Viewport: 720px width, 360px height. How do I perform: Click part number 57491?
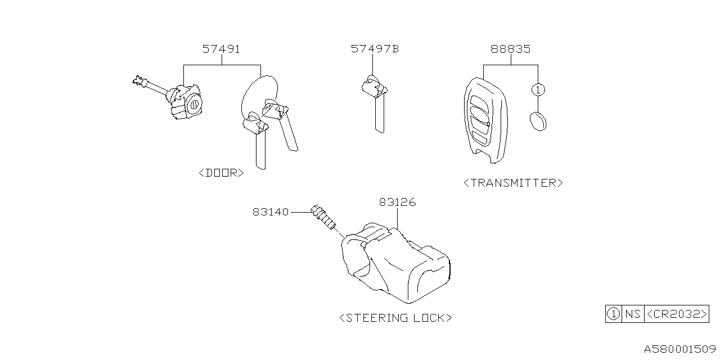[x=221, y=49]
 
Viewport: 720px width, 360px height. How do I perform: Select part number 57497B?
[x=375, y=49]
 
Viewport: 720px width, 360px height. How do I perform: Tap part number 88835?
[x=510, y=49]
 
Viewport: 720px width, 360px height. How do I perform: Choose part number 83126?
[x=397, y=202]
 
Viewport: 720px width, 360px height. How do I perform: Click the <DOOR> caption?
[x=222, y=173]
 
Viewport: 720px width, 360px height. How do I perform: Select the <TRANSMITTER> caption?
[x=512, y=183]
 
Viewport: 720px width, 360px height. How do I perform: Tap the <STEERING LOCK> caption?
[x=395, y=318]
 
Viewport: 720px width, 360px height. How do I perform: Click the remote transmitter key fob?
[x=485, y=119]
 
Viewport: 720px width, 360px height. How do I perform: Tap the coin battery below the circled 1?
[x=538, y=121]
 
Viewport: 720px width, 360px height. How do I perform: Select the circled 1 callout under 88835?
[x=538, y=89]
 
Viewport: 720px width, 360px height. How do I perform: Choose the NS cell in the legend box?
[x=632, y=314]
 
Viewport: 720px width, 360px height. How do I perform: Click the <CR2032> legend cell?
[x=676, y=314]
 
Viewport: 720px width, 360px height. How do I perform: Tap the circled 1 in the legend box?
[x=613, y=314]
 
